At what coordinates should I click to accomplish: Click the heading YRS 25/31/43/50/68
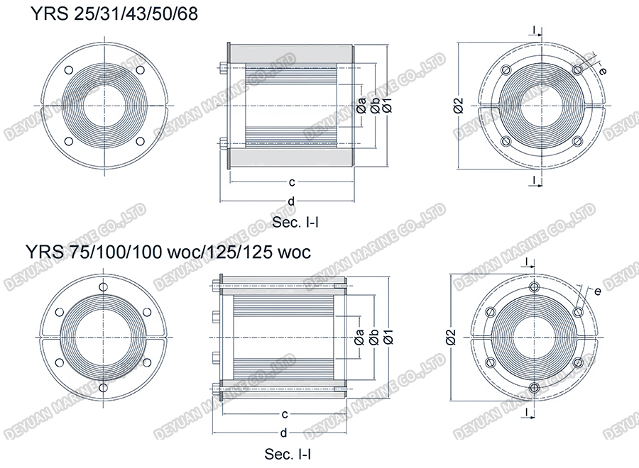point(113,15)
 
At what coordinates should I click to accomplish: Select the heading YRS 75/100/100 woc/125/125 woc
point(167,252)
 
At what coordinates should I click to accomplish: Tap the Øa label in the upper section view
point(361,105)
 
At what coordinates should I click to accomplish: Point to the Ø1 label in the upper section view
point(387,105)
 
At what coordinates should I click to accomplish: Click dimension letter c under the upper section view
point(291,182)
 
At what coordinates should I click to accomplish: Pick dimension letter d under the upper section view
point(291,201)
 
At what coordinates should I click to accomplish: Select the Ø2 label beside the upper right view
point(459,105)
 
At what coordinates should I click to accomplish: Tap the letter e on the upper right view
point(602,71)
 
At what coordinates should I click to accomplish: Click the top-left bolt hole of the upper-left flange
point(69,70)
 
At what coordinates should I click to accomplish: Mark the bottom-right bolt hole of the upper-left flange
point(139,140)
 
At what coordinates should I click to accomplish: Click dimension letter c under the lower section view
point(284,413)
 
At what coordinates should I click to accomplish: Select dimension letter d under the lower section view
point(284,433)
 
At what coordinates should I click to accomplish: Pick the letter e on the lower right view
point(598,291)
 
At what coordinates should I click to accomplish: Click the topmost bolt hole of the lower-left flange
point(104,286)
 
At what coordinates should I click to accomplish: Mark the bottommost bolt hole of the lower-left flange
point(104,388)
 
